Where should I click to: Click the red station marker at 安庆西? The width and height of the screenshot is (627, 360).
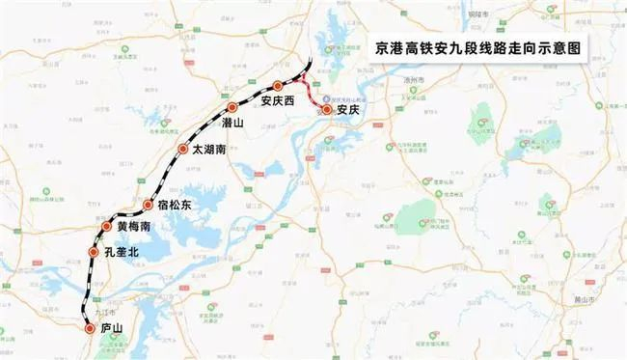click(x=278, y=86)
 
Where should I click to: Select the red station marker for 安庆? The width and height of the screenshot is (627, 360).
click(x=328, y=110)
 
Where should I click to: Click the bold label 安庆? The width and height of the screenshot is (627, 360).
click(x=348, y=111)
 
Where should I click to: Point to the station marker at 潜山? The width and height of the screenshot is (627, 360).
click(x=232, y=107)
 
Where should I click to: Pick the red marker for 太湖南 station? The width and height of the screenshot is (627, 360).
click(x=183, y=149)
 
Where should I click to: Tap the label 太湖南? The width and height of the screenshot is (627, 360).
click(x=210, y=151)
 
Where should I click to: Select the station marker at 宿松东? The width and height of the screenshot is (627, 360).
click(x=148, y=205)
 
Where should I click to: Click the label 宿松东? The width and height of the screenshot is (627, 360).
click(x=175, y=206)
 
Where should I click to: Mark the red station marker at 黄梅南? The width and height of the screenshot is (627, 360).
click(x=107, y=226)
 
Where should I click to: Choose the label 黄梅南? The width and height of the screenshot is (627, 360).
click(x=133, y=227)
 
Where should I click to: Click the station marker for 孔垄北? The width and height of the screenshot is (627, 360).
click(x=94, y=252)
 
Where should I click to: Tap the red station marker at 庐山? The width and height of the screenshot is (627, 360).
click(x=90, y=329)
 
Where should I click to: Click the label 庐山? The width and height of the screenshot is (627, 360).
click(x=112, y=329)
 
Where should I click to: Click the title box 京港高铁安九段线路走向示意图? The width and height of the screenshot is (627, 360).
click(x=482, y=45)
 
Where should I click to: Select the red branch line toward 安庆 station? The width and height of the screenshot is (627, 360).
click(x=311, y=97)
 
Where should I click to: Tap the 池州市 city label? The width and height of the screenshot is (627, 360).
click(x=412, y=85)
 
